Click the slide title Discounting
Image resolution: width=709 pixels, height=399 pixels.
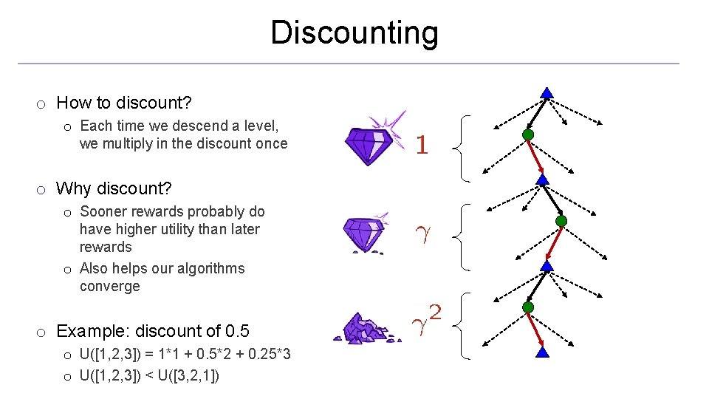tap(354, 33)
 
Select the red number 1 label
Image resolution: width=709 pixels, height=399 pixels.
tap(422, 146)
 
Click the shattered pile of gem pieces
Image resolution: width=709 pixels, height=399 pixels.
tap(363, 327)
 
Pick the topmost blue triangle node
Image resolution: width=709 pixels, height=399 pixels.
tap(547, 93)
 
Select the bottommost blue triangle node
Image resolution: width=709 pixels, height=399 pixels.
tap(543, 352)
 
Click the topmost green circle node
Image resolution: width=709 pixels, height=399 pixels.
tap(527, 135)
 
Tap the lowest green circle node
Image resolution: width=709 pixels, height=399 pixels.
tap(527, 307)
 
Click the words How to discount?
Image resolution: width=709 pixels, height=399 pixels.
tap(119, 103)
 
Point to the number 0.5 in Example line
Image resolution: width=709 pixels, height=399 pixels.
tap(236, 330)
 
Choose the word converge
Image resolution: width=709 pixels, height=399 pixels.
tap(109, 286)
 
